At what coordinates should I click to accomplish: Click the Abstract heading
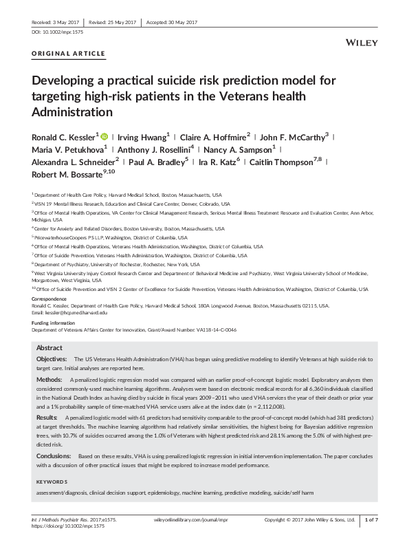(x=49, y=348)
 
